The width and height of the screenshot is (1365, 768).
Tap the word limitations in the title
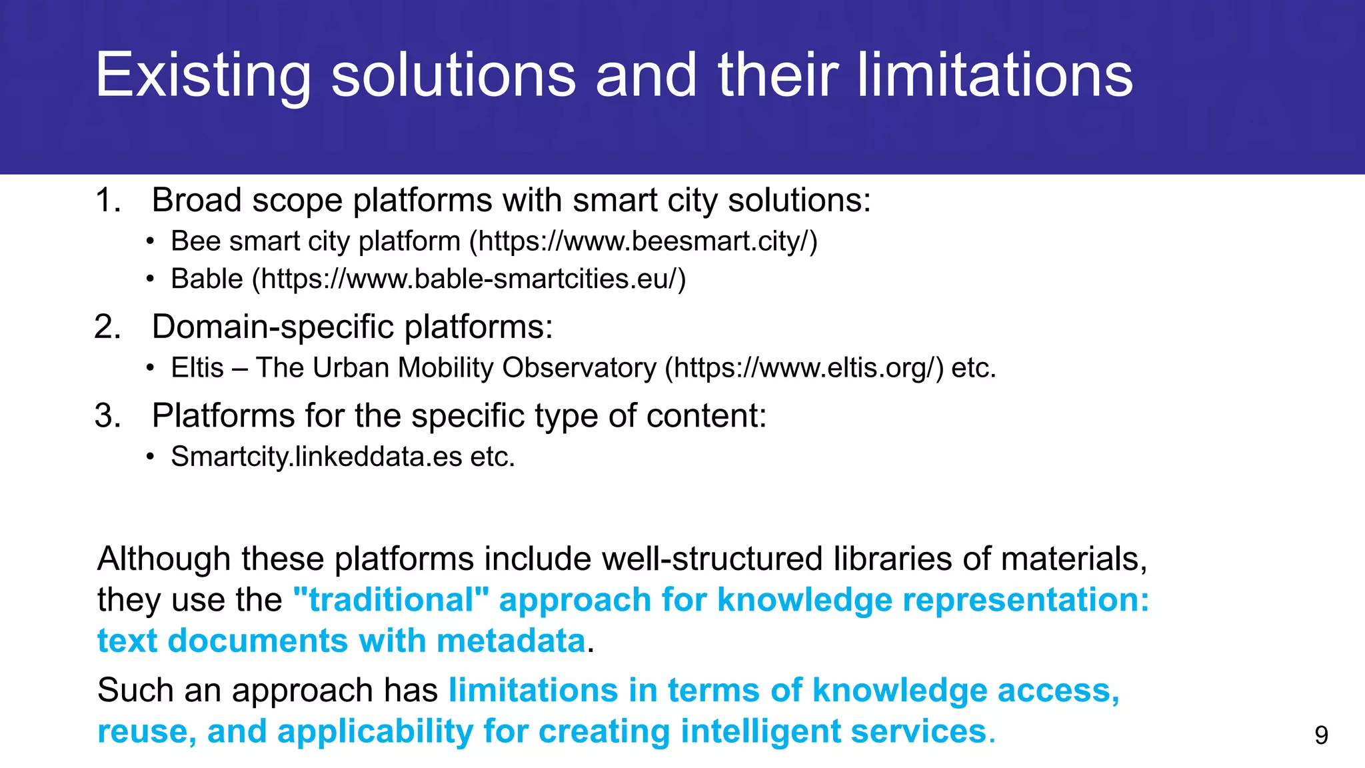pos(994,75)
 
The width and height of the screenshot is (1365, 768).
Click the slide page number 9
pos(1321,735)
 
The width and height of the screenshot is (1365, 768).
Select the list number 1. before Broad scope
pos(108,200)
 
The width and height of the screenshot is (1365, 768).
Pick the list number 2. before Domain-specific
pos(108,327)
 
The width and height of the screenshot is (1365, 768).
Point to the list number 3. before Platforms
pos(108,416)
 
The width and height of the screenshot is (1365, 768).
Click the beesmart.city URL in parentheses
pos(643,241)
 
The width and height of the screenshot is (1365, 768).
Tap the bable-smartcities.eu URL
pos(469,279)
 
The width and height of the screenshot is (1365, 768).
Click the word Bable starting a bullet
pos(207,279)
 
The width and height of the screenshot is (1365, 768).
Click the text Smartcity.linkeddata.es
pos(317,457)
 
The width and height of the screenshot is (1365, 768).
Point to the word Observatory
pos(579,368)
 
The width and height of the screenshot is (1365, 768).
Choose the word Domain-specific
pos(273,327)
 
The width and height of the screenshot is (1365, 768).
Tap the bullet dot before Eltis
pos(151,368)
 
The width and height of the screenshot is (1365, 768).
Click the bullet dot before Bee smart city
pos(151,241)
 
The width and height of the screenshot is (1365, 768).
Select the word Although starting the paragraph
pos(163,559)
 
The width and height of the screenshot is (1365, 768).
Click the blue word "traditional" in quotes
pos(391,600)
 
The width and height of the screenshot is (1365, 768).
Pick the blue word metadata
pos(511,641)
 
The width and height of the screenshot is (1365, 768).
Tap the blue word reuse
pos(145,731)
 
